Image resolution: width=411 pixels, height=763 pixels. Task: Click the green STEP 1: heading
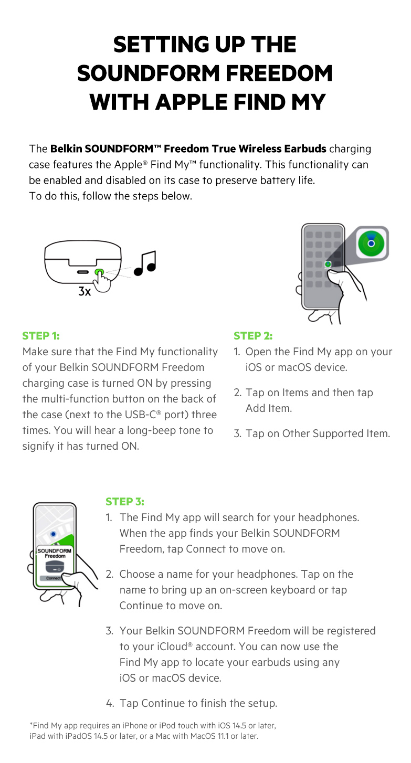[x=41, y=336]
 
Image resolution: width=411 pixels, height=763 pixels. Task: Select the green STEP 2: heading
[x=253, y=336]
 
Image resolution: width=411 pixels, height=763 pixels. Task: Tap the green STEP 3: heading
[x=125, y=501]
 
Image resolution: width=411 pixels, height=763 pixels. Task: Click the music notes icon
[x=145, y=263]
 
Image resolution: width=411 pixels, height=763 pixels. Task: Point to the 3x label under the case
[x=85, y=292]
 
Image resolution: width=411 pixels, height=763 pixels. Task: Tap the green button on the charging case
[x=99, y=272]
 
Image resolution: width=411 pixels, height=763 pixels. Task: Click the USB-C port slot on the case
[x=83, y=272]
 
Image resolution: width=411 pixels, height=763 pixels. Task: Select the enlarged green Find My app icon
[x=372, y=243]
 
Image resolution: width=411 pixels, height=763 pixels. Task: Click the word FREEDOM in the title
[x=279, y=73]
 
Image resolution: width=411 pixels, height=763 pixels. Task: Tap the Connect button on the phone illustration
[x=53, y=578]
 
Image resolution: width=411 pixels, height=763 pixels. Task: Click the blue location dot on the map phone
[x=53, y=534]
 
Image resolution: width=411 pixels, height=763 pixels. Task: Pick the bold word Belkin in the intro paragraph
[x=66, y=149]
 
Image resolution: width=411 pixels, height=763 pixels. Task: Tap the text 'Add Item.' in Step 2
[x=269, y=408]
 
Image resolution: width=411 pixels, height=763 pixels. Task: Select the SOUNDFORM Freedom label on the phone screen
[x=55, y=553]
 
